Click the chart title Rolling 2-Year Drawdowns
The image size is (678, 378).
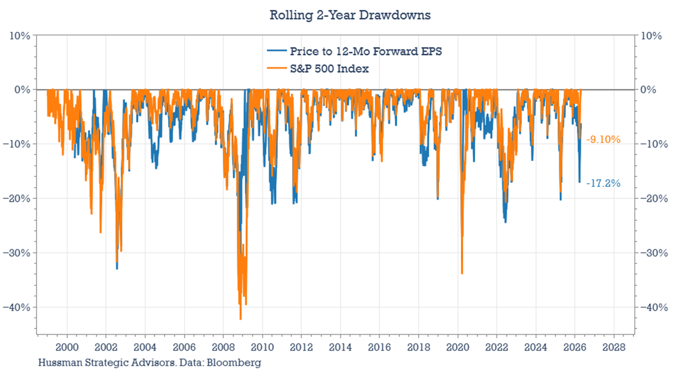[350, 15]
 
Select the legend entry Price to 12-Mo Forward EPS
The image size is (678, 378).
[366, 51]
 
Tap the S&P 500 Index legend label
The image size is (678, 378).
[329, 69]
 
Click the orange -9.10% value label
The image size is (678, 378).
[603, 140]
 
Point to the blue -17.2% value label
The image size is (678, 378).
[603, 183]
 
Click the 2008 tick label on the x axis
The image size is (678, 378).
[223, 347]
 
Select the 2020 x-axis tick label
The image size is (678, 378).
[458, 347]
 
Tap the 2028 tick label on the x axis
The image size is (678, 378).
[614, 347]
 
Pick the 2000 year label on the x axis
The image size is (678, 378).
[67, 347]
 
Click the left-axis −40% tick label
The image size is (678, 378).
[17, 307]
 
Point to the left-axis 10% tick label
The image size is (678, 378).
[20, 36]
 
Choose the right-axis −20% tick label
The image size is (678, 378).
[654, 198]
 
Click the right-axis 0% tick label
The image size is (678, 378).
[648, 90]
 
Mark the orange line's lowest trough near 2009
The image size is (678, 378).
[240, 319]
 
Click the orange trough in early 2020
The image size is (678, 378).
[462, 273]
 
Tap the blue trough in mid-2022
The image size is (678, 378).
[506, 222]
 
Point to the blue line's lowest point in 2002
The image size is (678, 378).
[117, 268]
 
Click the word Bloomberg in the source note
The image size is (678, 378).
[234, 362]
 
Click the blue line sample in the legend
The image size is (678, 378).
[277, 51]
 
